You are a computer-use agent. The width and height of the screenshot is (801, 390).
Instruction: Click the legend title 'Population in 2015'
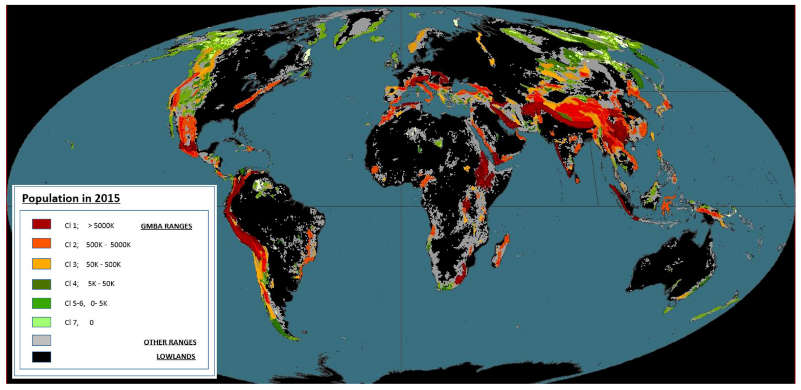[71, 198]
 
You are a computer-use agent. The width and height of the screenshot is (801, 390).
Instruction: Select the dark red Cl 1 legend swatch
[41, 224]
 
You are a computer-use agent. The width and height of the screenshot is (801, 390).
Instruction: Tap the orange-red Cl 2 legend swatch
[41, 243]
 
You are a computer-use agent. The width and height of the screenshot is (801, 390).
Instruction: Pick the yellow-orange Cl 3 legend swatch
[41, 264]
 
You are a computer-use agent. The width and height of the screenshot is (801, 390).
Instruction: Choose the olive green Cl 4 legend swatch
[41, 284]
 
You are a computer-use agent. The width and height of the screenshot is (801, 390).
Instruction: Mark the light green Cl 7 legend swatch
[41, 322]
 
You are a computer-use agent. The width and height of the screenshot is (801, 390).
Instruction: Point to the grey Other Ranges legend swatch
[41, 340]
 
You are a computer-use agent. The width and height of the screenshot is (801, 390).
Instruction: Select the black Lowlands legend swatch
[41, 357]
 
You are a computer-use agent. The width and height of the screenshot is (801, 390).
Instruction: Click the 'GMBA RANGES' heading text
[166, 226]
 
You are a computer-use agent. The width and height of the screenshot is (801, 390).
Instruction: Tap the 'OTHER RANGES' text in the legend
[170, 342]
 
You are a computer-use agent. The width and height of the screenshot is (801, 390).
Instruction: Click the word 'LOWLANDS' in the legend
[176, 356]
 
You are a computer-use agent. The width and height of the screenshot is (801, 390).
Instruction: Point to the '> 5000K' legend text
[101, 226]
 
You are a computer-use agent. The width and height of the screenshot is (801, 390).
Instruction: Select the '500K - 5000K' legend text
[108, 245]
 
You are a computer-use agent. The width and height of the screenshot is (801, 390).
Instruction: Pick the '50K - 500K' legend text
[103, 264]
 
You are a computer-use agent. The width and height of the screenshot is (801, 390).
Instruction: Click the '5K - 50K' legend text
[101, 283]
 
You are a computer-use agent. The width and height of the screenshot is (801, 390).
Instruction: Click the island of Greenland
[361, 28]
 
